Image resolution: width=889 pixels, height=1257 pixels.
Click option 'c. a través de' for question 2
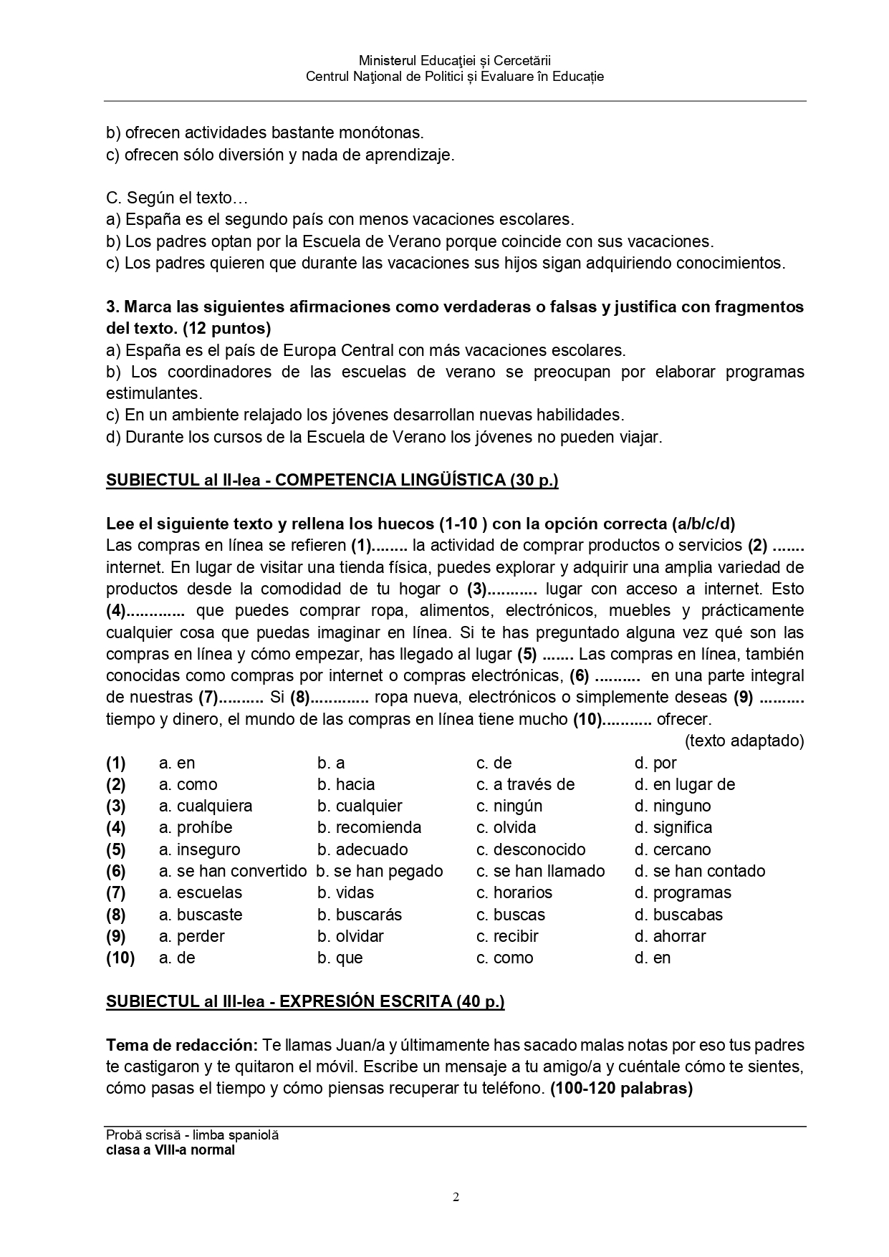pyautogui.click(x=525, y=784)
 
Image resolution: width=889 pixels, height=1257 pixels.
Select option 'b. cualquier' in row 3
pyautogui.click(x=360, y=806)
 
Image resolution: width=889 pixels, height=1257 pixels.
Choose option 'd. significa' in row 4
pyautogui.click(x=673, y=827)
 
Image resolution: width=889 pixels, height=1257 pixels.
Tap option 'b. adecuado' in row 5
pyautogui.click(x=362, y=849)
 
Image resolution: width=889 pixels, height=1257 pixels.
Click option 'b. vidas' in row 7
pyautogui.click(x=345, y=892)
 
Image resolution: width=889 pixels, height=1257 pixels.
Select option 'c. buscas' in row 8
pyautogui.click(x=510, y=915)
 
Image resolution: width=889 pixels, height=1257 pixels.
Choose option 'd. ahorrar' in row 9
pyautogui.click(x=670, y=936)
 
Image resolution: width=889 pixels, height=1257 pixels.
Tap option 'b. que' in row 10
pyautogui.click(x=340, y=958)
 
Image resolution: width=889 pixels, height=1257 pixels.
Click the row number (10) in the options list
pyautogui.click(x=120, y=958)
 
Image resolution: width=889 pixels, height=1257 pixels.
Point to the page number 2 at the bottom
pyautogui.click(x=456, y=1197)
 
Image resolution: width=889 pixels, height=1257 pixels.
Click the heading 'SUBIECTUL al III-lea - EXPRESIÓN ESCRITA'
pyautogui.click(x=305, y=1001)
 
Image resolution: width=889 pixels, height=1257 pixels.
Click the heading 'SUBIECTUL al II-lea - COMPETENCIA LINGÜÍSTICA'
pyautogui.click(x=332, y=480)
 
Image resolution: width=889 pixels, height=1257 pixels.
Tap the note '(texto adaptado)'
pyautogui.click(x=744, y=741)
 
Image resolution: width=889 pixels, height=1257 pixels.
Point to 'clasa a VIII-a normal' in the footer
pyautogui.click(x=170, y=1150)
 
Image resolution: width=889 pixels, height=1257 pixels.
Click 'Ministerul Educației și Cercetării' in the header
pyautogui.click(x=454, y=62)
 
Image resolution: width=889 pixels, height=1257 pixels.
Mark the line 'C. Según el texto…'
pyautogui.click(x=177, y=198)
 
